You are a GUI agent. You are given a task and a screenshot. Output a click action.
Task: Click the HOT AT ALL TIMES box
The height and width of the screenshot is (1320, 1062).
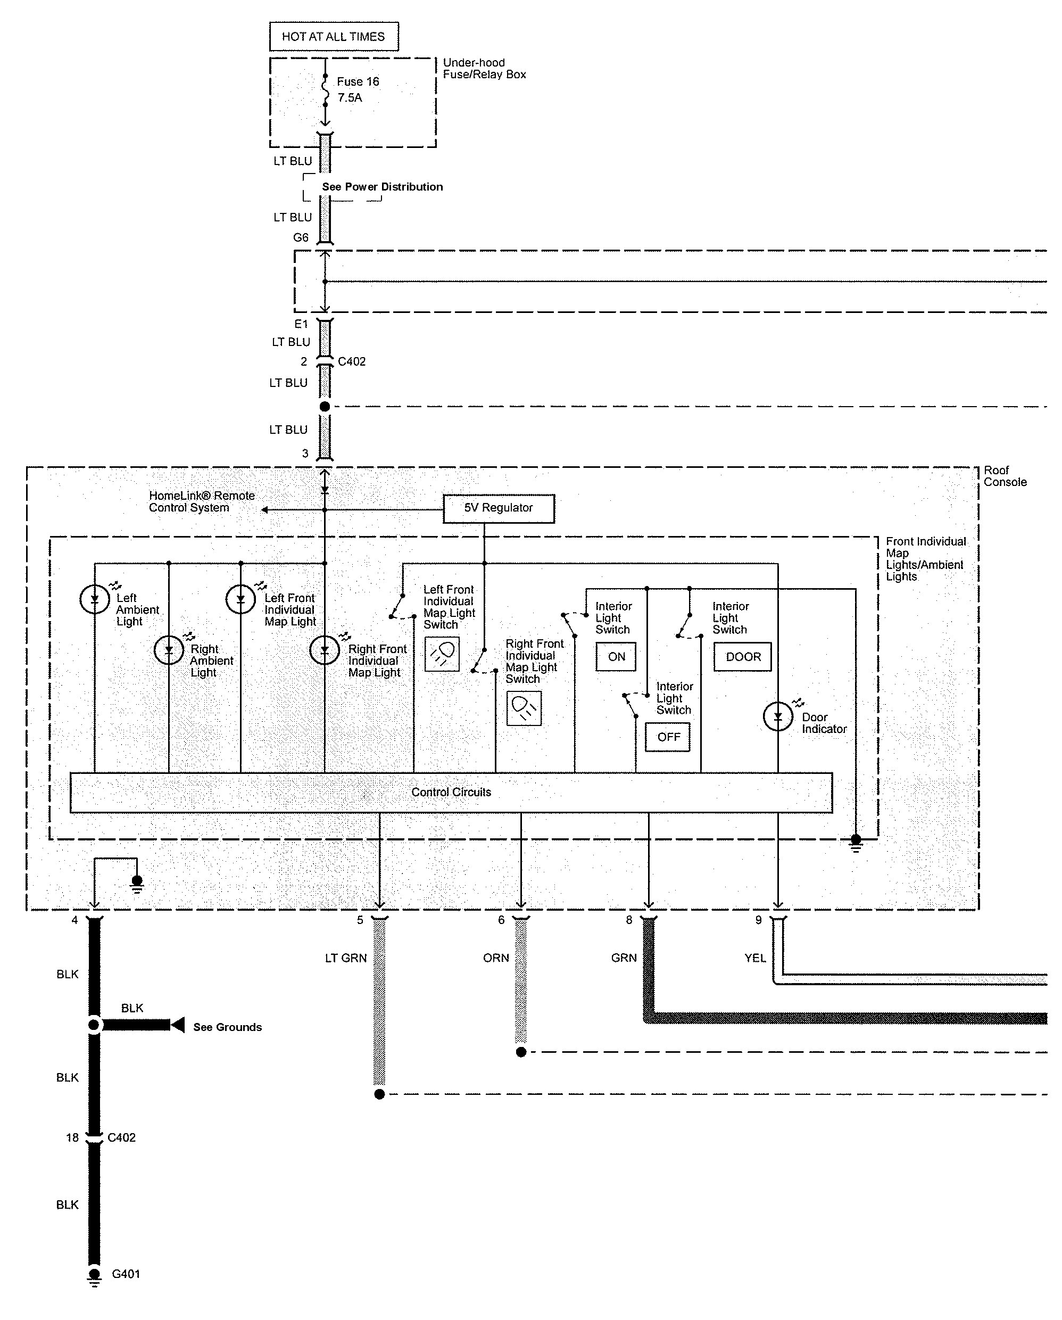click(x=334, y=37)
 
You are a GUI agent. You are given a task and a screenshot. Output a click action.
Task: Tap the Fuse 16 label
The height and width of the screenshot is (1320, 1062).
click(x=358, y=81)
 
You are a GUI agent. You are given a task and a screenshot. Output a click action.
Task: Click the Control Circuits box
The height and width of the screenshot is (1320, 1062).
click(x=451, y=792)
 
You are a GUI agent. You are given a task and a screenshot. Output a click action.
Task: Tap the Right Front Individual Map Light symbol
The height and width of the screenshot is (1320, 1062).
click(x=325, y=650)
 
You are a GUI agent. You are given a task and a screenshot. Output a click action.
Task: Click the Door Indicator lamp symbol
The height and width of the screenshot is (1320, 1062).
click(x=778, y=716)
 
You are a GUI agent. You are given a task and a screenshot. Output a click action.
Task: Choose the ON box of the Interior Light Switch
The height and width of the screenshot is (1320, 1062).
click(x=616, y=657)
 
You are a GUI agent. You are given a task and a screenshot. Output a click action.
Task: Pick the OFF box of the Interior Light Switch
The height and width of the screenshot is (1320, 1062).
click(x=668, y=737)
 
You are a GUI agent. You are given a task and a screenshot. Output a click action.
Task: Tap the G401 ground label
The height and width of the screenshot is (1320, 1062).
click(x=126, y=1274)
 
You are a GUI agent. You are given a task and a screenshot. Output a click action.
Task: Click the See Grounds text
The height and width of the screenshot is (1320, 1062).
click(x=228, y=1027)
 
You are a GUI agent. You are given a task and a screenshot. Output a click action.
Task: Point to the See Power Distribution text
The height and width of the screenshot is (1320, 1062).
click(x=383, y=187)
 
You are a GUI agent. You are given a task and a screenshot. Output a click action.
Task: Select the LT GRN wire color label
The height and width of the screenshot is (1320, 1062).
click(x=346, y=958)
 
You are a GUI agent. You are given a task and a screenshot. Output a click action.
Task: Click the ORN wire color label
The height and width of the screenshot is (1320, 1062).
click(x=496, y=958)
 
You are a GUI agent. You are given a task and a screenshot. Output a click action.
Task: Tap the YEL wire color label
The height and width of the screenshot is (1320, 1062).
click(x=756, y=958)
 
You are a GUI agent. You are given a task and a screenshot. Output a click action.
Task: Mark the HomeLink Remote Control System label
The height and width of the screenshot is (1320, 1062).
click(x=202, y=501)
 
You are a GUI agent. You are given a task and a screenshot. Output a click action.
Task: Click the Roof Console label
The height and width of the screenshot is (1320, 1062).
click(x=1005, y=476)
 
